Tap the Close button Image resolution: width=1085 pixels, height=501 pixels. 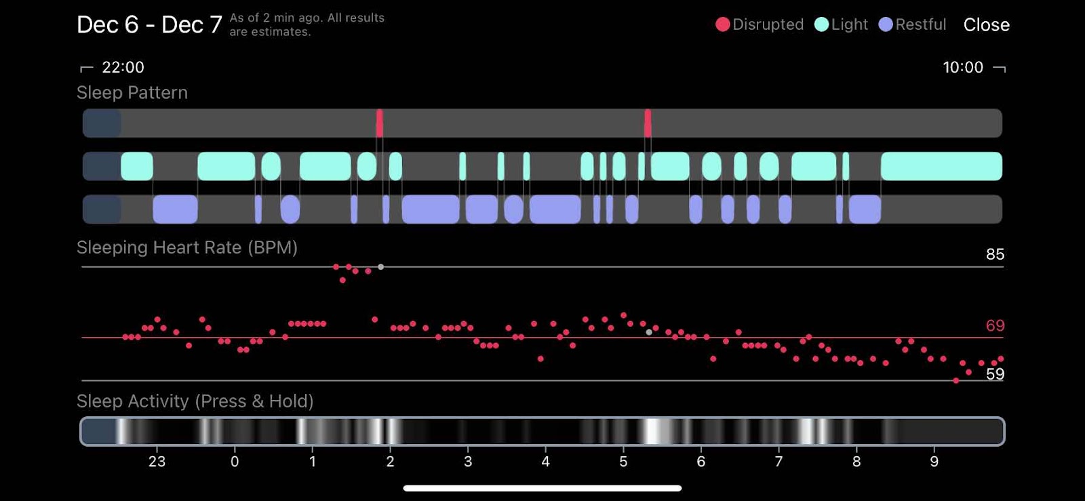(986, 25)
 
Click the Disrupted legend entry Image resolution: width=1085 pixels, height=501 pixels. (759, 25)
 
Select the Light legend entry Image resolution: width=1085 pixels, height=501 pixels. (842, 25)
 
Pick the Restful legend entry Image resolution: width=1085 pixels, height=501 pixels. (913, 25)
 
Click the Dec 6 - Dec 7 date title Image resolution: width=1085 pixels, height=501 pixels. (149, 25)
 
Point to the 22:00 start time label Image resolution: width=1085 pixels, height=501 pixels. (123, 67)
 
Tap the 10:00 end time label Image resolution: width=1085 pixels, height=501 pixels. (963, 67)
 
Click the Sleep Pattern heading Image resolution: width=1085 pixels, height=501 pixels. (132, 93)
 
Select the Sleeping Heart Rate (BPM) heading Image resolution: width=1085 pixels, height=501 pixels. (187, 247)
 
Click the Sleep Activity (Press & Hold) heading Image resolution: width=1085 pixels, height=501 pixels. (195, 401)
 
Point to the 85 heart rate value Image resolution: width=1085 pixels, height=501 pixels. (995, 254)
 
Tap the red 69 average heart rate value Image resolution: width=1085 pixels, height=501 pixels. (995, 325)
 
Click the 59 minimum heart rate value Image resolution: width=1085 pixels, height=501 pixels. (995, 374)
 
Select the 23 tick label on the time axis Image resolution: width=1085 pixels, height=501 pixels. (157, 462)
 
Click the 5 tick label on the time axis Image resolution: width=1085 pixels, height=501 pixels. (623, 462)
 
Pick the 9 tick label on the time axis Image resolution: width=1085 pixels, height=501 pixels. (934, 462)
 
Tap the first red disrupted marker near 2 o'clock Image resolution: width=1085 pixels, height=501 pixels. (380, 123)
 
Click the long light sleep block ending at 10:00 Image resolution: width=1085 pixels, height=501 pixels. (941, 166)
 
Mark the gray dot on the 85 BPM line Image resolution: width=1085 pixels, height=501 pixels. (381, 267)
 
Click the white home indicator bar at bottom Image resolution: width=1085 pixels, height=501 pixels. (542, 488)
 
